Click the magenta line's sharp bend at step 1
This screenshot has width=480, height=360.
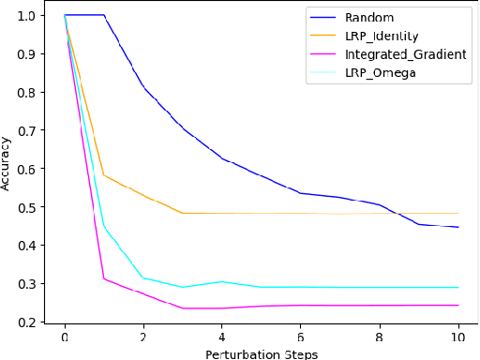pos(104,278)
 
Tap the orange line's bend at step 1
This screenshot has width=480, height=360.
pos(104,175)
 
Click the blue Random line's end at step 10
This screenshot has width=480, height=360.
pos(457,227)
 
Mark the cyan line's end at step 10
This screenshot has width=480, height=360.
pos(457,287)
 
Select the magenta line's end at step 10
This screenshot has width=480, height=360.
pos(457,305)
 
